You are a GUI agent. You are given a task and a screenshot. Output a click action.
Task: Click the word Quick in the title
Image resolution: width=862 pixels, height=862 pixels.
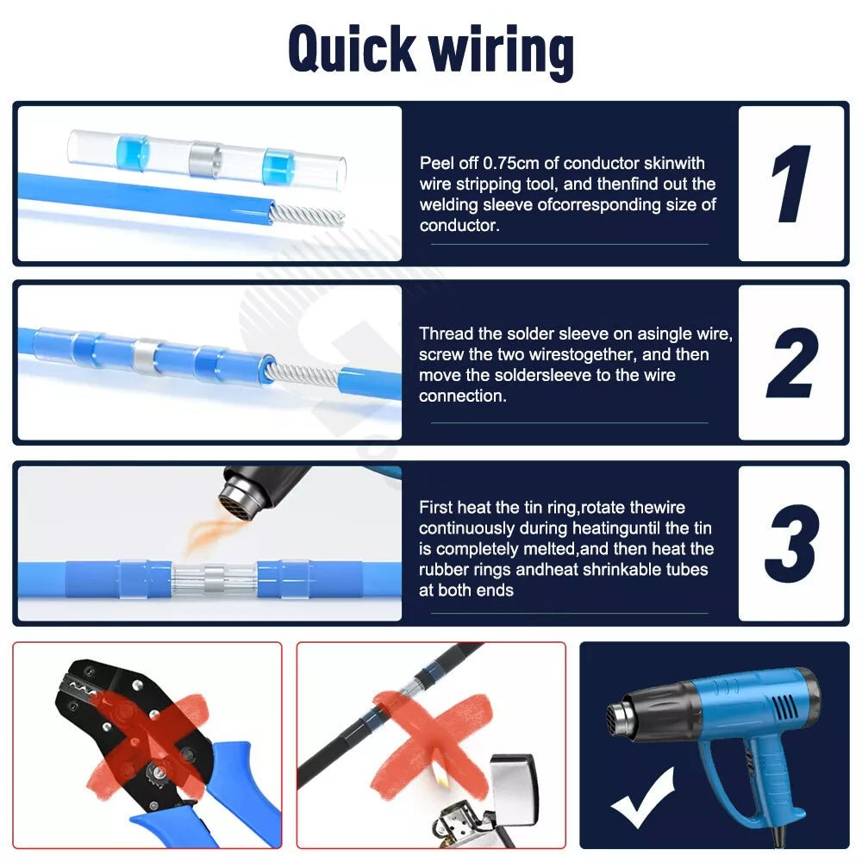[352, 49]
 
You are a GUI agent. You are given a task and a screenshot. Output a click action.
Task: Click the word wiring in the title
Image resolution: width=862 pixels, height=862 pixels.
[502, 52]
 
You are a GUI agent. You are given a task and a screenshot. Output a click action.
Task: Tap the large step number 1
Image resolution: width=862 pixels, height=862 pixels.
[790, 184]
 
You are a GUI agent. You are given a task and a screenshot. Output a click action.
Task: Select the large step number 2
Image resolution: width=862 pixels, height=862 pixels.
[792, 363]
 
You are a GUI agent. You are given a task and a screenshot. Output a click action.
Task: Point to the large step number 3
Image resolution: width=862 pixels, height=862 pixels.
[792, 543]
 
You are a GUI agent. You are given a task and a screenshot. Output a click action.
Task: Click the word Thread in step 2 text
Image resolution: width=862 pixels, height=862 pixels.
[446, 334]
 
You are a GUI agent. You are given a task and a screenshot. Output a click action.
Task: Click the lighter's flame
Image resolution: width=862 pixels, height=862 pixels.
[440, 777]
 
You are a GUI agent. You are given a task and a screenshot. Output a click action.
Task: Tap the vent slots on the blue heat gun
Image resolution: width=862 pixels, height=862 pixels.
[784, 710]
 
